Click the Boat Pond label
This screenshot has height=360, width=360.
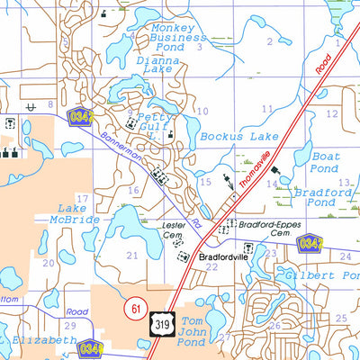[x=323, y=162]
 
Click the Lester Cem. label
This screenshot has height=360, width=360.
[x=172, y=231]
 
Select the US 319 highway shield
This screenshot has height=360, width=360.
[x=160, y=326]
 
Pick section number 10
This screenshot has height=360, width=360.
[x=202, y=112]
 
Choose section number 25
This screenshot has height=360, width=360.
[x=340, y=319]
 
